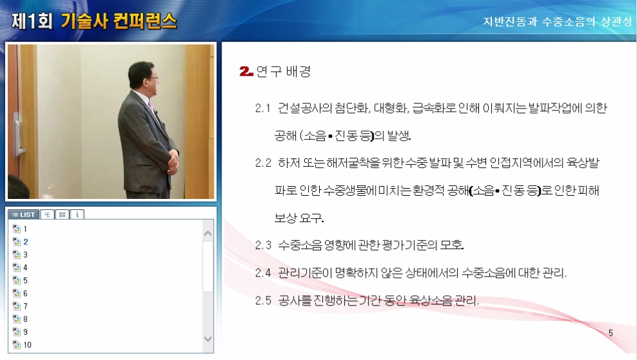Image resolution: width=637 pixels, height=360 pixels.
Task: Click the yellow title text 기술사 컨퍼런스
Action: point(119,21)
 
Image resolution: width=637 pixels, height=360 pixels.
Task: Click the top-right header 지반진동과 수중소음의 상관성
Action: point(557,21)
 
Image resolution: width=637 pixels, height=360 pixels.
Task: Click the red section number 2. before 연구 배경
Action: point(246,71)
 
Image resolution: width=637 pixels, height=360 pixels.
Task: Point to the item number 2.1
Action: point(263,108)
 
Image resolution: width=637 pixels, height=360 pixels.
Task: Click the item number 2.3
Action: point(263,244)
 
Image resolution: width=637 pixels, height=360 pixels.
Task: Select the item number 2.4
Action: point(263,273)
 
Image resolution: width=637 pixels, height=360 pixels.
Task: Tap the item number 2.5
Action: point(263,300)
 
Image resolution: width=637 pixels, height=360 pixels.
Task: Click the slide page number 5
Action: point(610,333)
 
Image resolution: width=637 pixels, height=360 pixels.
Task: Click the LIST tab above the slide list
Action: point(24,214)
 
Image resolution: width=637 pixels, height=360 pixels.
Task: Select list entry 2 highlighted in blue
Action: point(25,242)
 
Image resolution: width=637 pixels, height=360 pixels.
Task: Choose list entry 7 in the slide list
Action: point(25,306)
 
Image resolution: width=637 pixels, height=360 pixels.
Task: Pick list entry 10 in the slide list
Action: point(27,345)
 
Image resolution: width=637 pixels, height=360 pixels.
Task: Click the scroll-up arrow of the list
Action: point(207,233)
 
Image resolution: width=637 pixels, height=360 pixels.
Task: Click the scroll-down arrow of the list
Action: point(207,339)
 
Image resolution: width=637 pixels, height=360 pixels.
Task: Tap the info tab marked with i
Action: point(76,214)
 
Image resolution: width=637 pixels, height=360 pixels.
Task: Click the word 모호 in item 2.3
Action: point(451,244)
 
